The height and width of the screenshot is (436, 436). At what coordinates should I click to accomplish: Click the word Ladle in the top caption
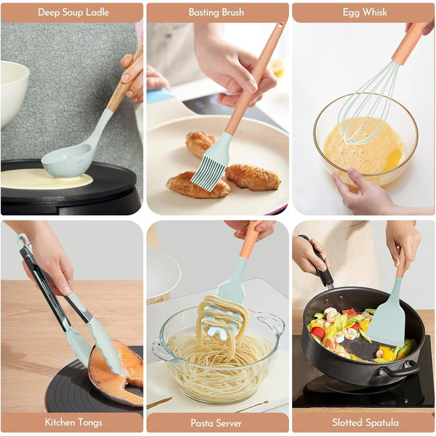pos(97,12)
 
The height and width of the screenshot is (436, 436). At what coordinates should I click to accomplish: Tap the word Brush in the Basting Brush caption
pos(231,12)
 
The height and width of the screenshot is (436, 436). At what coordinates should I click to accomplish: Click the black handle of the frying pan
pos(320,262)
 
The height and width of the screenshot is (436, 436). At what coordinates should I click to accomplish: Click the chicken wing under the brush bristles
pos(197,186)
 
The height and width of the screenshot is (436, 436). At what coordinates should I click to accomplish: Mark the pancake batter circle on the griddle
pos(47,179)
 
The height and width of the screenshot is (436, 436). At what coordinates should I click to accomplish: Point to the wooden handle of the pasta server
pos(251,240)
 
